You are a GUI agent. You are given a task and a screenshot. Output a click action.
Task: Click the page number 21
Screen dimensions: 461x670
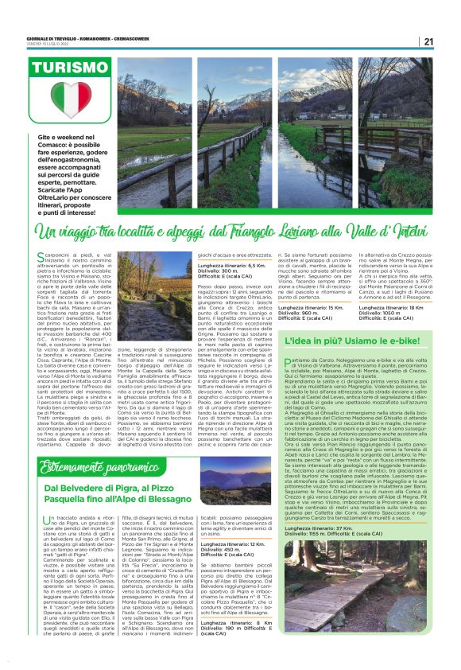427,41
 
